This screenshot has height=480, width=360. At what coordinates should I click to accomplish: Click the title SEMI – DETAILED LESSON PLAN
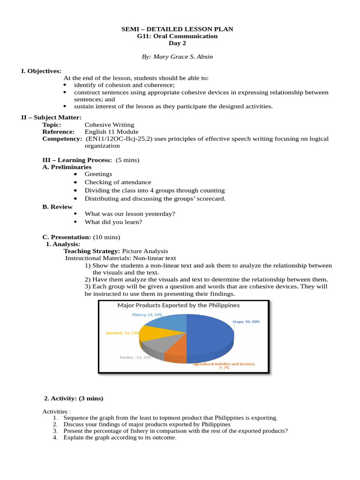(177, 29)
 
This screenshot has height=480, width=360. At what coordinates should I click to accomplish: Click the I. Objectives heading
(41, 71)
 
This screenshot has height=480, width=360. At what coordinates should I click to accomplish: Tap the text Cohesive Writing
(109, 125)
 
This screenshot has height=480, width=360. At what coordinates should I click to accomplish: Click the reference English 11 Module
(112, 132)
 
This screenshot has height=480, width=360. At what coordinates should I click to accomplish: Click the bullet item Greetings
(98, 174)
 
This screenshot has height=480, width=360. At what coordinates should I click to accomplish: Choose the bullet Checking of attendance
(118, 182)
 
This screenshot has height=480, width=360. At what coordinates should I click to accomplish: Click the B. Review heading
(57, 207)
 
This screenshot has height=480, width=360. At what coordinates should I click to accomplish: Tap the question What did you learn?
(113, 222)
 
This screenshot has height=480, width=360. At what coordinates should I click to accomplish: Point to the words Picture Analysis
(145, 251)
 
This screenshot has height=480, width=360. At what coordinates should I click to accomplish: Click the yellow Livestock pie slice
(155, 333)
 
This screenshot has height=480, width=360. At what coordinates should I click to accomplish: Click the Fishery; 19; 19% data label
(147, 315)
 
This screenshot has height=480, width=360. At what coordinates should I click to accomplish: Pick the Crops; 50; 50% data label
(246, 322)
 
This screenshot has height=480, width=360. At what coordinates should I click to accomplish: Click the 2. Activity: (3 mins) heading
(74, 398)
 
